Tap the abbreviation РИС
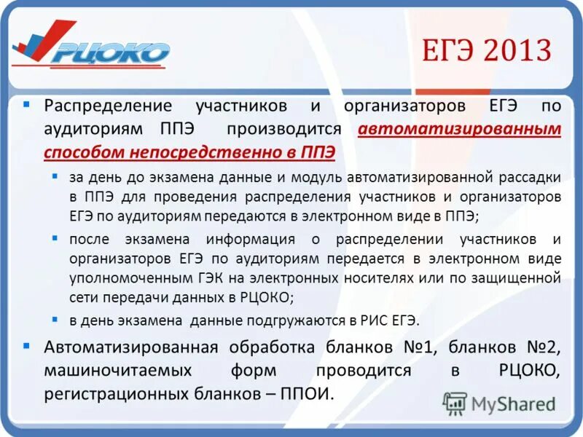[372, 320]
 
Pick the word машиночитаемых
[118, 371]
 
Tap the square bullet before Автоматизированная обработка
[27, 345]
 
